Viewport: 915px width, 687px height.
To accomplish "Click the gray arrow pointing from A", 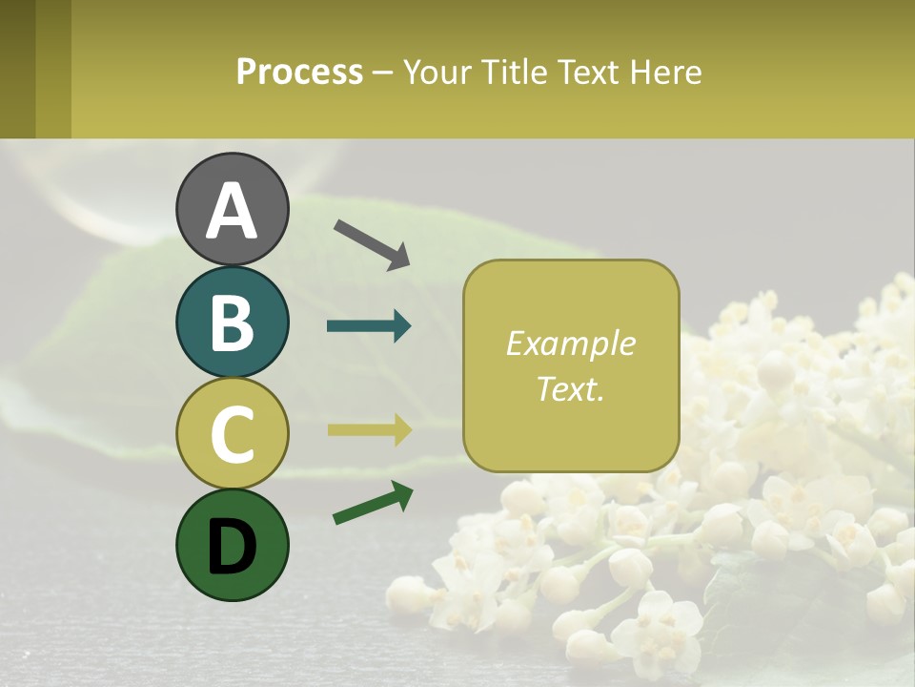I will coord(372,243).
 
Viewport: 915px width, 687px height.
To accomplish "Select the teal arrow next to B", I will coord(369,326).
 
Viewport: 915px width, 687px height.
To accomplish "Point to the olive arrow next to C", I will coord(369,429).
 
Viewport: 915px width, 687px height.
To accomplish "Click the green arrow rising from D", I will coord(373,504).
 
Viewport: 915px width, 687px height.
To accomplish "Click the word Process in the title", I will coord(299,73).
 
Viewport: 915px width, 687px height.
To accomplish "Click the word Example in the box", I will coord(570,343).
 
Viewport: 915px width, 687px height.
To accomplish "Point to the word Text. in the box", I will coord(570,388).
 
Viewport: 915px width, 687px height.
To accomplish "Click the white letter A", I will coord(232,212).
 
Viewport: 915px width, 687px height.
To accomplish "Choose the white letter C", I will coord(232,434).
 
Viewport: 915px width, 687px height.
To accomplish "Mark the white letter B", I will coord(232,323).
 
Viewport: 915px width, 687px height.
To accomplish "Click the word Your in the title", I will coord(437,73).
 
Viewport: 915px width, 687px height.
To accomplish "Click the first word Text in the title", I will coord(587,73).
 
